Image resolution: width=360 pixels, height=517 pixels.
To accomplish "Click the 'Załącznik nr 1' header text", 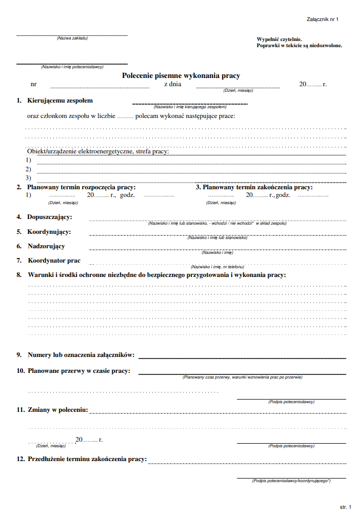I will [323, 19].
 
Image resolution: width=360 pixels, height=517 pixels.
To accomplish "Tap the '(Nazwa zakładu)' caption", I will [72, 38].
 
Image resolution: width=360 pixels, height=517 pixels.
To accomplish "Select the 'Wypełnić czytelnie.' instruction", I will [279, 39].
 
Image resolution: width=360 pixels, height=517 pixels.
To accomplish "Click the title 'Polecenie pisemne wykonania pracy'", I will [181, 75].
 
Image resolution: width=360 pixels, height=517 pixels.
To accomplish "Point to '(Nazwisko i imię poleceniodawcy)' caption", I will [72, 67].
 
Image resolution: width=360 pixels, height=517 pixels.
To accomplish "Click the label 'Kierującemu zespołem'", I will [60, 101].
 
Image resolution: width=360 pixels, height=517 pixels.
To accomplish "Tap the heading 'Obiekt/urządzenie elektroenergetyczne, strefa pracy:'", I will [98, 152].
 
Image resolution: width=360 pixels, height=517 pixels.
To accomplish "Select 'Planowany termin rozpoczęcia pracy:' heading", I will [81, 187].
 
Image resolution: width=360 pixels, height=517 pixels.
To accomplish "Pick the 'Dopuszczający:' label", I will [50, 217].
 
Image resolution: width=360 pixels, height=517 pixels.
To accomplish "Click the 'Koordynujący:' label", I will [49, 232].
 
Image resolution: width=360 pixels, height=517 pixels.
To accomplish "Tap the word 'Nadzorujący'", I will [46, 246].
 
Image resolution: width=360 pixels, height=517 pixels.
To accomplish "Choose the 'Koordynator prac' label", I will [54, 261].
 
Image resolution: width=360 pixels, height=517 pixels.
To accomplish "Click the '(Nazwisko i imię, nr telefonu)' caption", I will [217, 267].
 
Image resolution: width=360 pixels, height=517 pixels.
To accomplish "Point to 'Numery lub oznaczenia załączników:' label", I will [81, 355].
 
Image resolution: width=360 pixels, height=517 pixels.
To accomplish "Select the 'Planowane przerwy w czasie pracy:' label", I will [78, 371].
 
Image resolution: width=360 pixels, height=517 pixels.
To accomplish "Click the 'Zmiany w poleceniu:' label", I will [58, 410].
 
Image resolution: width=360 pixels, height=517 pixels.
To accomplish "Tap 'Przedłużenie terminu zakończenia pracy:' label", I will [87, 459].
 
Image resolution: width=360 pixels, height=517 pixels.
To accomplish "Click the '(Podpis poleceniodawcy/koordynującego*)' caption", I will [291, 481].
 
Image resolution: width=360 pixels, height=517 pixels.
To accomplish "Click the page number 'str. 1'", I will [346, 507].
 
